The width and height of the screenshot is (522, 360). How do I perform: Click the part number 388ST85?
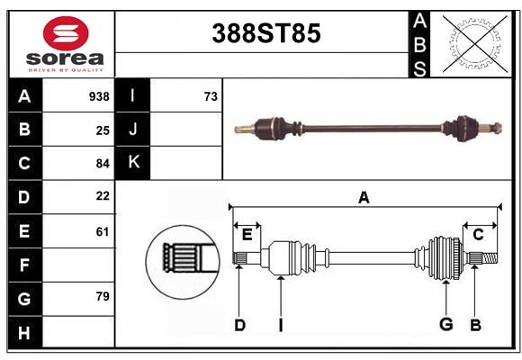pyautogui.click(x=265, y=33)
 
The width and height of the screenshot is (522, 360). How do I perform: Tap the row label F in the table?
pyautogui.click(x=24, y=265)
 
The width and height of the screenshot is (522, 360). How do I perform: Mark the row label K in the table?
pyautogui.click(x=133, y=163)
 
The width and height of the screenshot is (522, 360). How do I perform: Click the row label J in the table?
pyautogui.click(x=133, y=130)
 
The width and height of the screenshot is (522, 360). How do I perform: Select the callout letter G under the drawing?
pyautogui.click(x=445, y=325)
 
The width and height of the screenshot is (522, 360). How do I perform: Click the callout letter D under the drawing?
pyautogui.click(x=239, y=325)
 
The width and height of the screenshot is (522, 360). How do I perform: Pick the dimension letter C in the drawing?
pyautogui.click(x=479, y=234)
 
